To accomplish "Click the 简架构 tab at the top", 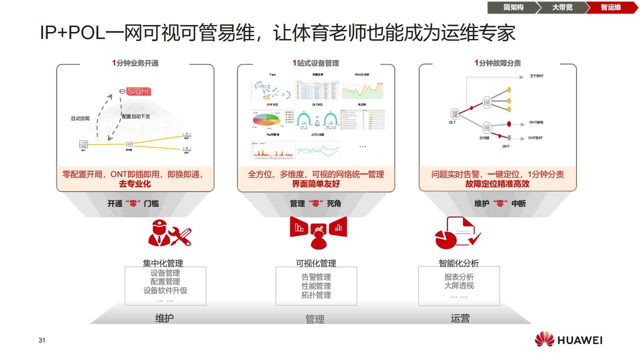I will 513,7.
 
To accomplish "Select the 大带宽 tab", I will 562,7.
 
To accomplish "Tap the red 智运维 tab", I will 610,7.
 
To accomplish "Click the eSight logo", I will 135,91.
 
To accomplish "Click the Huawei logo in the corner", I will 568,340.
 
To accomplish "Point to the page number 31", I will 42,340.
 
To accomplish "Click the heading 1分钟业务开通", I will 135,63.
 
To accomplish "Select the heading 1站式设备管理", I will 315,63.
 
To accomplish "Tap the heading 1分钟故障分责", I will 497,63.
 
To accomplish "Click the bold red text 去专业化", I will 134,184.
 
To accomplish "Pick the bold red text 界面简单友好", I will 315,184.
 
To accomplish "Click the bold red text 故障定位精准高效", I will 497,184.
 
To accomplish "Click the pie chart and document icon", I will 457,233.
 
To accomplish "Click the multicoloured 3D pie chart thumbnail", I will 265,120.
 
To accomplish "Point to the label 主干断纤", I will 537,76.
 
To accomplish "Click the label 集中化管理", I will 163,263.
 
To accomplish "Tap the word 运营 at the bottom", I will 460,318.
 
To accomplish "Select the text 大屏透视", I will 459,286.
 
